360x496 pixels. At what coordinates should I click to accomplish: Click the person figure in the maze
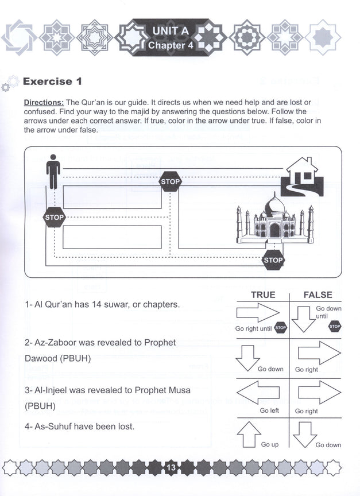pyautogui.click(x=53, y=172)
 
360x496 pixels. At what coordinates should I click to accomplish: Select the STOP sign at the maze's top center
pyautogui.click(x=170, y=181)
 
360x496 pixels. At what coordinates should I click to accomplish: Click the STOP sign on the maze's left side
pyautogui.click(x=55, y=218)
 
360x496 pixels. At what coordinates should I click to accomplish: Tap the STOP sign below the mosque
pyautogui.click(x=273, y=260)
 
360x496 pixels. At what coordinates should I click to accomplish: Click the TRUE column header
pyautogui.click(x=263, y=294)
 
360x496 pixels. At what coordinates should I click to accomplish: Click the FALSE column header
pyautogui.click(x=318, y=294)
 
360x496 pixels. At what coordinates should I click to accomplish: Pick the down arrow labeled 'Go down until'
pyautogui.click(x=304, y=318)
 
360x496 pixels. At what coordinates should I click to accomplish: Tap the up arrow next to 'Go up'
pyautogui.click(x=249, y=434)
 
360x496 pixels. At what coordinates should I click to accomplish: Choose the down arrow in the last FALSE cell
pyautogui.click(x=305, y=434)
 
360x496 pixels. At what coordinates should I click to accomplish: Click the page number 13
pyautogui.click(x=171, y=468)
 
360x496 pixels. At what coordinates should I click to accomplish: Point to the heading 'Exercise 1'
pyautogui.click(x=48, y=82)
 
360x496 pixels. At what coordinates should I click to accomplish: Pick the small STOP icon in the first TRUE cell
pyautogui.click(x=280, y=328)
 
